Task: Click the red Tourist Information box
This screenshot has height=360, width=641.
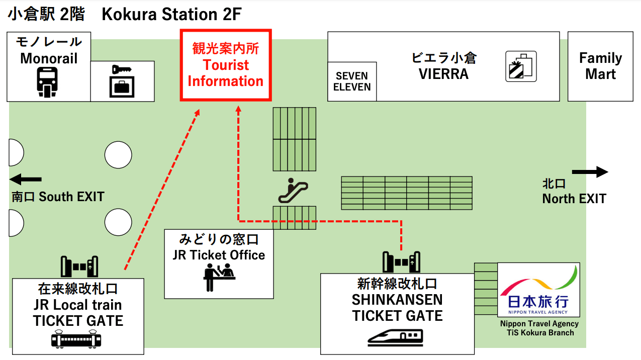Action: point(226,65)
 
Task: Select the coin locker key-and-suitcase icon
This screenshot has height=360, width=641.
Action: point(122,81)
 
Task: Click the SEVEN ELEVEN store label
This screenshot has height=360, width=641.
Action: point(352,81)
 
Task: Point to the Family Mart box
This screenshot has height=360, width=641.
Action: point(600,66)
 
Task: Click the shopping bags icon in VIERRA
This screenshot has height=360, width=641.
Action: point(521,66)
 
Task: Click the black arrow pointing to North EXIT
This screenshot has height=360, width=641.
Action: point(590,172)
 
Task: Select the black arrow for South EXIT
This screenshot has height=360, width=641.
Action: point(26,179)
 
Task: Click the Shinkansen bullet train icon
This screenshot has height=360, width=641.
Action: point(395,336)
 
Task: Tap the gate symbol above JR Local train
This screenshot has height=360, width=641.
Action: point(79,266)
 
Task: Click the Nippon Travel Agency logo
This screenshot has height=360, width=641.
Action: point(538,290)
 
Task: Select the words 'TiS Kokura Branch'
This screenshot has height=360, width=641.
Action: point(537,332)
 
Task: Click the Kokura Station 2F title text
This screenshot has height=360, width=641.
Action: point(171,15)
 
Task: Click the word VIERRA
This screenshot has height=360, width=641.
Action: point(443,74)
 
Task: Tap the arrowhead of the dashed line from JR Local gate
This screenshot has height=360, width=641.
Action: point(198,111)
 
